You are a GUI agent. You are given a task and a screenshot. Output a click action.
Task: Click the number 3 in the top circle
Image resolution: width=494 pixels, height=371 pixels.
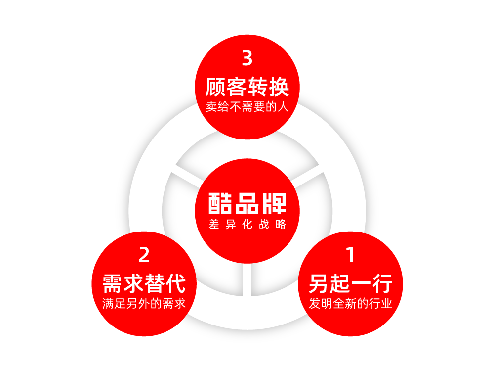pos(247,58)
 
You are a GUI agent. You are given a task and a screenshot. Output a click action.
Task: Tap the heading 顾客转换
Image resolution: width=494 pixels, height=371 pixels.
pos(247,88)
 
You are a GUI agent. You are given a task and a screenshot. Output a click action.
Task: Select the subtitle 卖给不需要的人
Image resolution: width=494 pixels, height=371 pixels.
pos(247,106)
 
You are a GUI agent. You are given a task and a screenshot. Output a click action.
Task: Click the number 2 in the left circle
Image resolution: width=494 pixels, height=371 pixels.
pos(144,255)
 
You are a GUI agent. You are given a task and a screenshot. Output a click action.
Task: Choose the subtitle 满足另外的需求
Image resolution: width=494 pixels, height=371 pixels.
pos(144,303)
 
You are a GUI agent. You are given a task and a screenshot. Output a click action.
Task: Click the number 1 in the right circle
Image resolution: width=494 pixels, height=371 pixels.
pos(351,255)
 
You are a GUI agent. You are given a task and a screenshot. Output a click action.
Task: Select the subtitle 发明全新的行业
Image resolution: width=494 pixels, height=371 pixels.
pos(351,303)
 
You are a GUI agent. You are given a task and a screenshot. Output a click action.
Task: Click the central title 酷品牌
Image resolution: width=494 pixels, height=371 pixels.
pos(247,203)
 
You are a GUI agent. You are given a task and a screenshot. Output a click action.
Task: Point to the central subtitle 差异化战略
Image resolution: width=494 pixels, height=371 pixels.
pos(247,224)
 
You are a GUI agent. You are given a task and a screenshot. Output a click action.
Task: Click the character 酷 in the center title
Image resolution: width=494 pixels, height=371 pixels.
pos(220,203)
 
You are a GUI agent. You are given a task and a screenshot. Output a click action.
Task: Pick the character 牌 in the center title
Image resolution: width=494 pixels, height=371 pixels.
pos(275,203)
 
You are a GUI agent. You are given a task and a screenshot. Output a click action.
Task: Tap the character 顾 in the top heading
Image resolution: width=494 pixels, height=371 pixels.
pos(216,88)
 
